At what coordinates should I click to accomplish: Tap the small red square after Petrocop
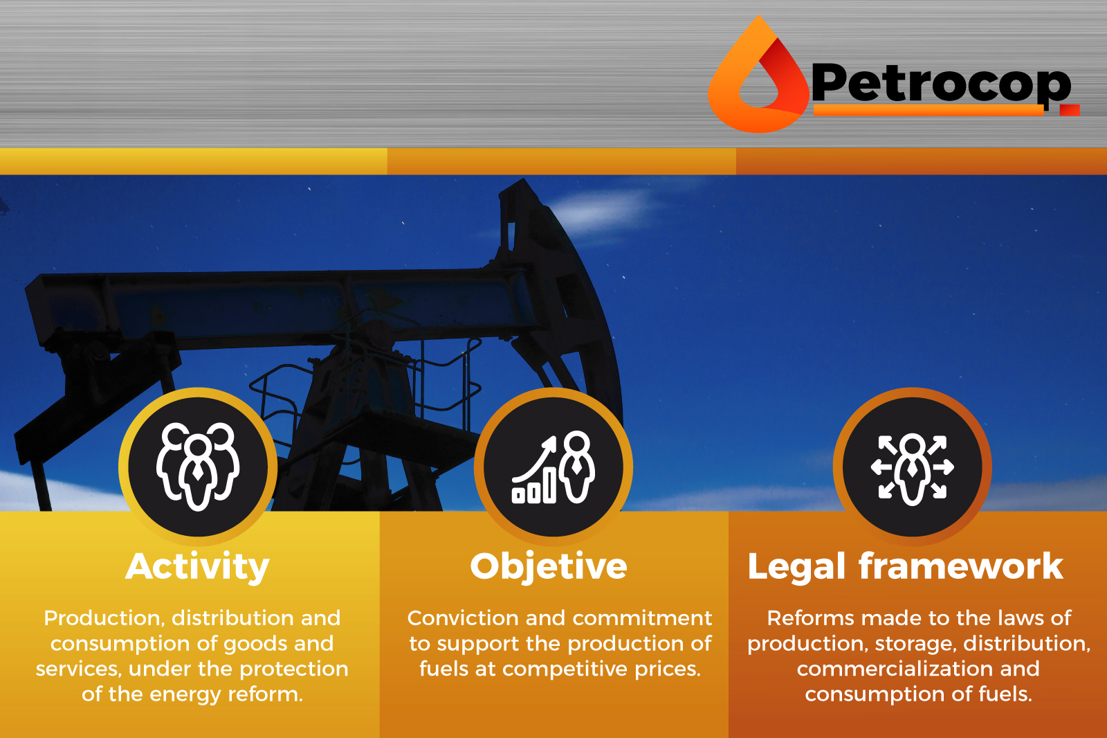pos(1070,110)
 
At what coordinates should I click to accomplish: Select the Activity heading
pos(197,567)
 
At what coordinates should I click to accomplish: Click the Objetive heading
pos(549,567)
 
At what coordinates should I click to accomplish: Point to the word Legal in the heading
pos(796,567)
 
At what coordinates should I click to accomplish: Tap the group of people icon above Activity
pos(198,467)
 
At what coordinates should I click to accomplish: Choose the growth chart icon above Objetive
pos(553,467)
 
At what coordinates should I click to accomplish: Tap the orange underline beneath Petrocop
pos(928,110)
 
